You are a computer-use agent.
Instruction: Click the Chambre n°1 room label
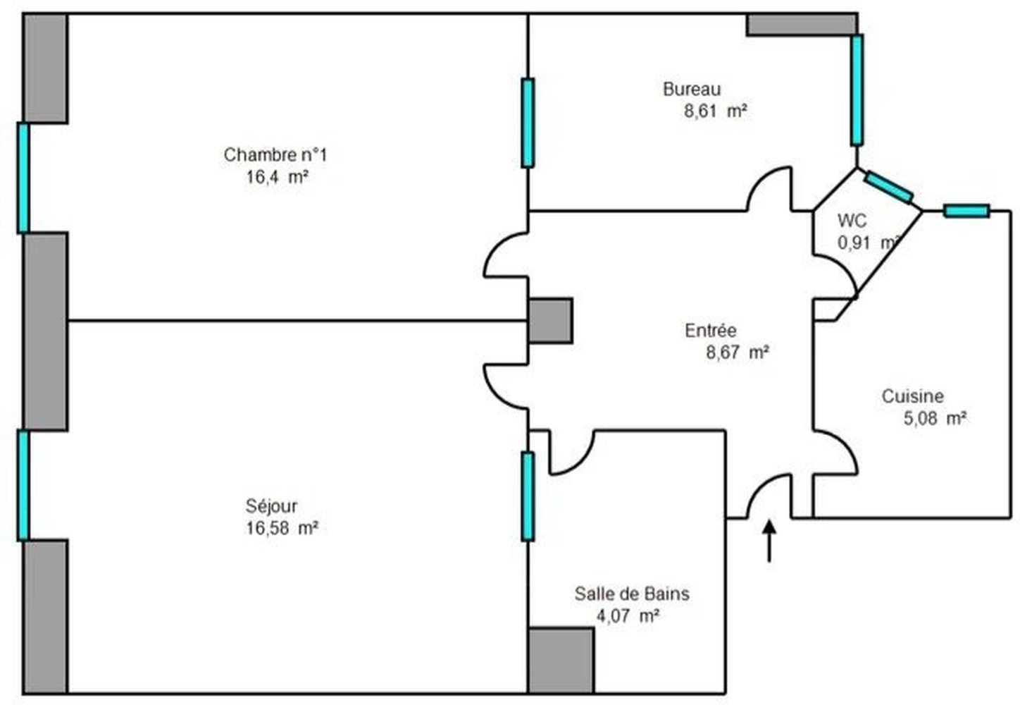275,155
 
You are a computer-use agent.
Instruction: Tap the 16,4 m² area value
278,177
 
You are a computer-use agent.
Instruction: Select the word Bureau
692,90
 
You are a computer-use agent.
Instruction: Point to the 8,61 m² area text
716,111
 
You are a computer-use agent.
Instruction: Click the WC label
852,221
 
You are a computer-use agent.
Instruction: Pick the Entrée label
710,331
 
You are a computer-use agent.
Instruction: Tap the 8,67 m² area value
738,352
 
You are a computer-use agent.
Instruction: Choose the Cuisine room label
912,396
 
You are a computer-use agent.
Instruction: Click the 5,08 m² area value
935,418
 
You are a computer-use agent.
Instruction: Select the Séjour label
271,506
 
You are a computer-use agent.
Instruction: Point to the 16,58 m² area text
282,528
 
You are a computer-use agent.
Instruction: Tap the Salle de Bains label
632,594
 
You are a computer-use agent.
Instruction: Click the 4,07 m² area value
628,616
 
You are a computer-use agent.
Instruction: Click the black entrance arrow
769,541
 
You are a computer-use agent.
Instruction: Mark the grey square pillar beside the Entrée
551,321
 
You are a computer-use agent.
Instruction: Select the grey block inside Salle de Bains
561,661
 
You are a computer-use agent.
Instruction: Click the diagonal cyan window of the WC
889,188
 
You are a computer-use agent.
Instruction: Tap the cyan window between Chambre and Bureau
528,123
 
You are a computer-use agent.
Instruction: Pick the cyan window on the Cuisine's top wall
966,211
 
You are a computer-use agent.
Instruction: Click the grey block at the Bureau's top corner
802,25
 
